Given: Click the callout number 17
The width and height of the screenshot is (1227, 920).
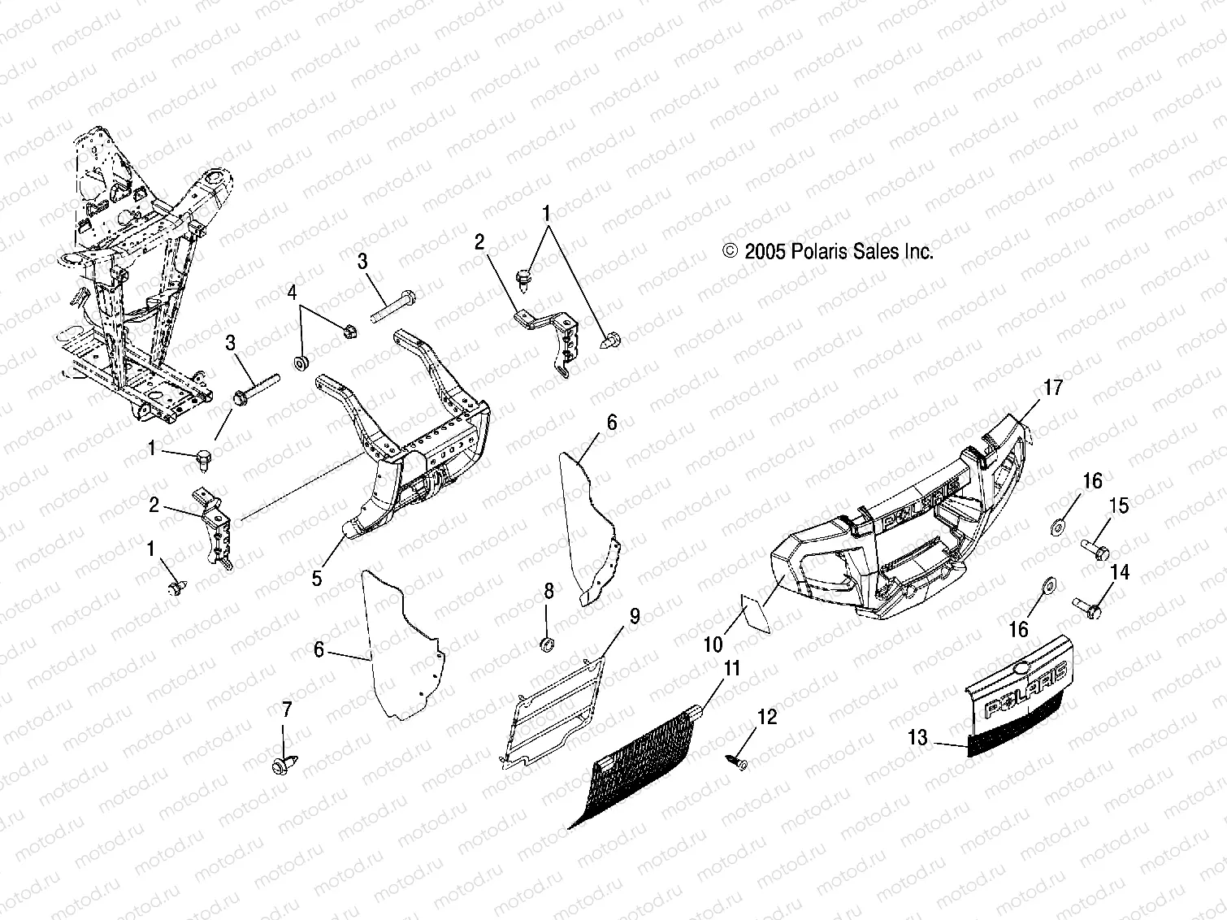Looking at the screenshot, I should point(1051,388).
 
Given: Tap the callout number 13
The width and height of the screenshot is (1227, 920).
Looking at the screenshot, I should point(917,737).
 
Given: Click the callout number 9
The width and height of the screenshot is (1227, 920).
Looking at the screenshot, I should point(634,616).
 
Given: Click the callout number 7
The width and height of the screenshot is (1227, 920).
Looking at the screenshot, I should point(286,710).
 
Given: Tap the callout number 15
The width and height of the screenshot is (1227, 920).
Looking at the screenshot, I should point(1119,506).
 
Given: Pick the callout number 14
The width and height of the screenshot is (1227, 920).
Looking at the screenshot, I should point(1119,572).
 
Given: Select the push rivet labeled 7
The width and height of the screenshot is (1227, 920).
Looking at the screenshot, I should point(283,765).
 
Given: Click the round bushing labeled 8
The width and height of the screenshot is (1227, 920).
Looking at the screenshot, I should point(548,645).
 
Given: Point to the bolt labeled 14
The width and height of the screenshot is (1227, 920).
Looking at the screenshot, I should point(1086,606).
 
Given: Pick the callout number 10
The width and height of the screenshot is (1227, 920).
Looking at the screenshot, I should point(713,644).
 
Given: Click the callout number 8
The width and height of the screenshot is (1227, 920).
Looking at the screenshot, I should point(548,591).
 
